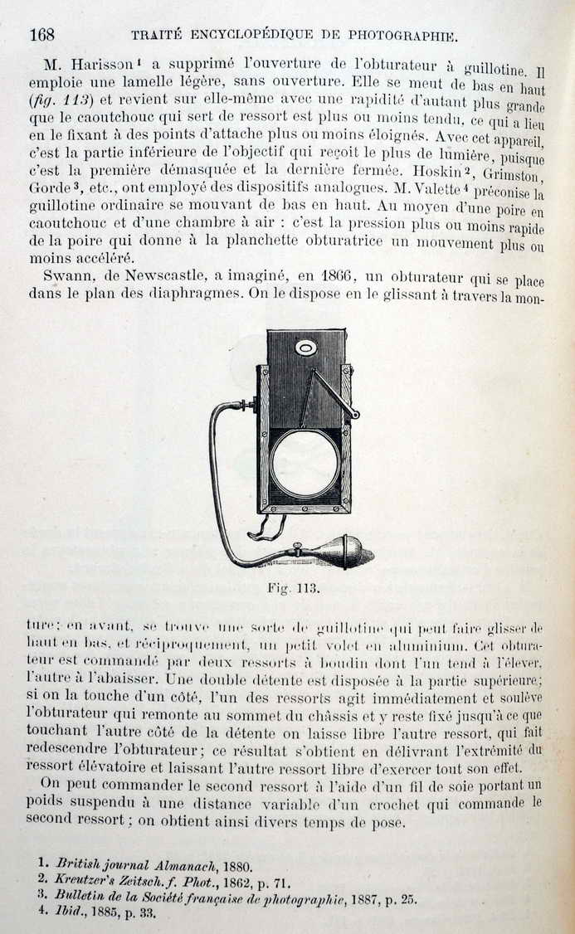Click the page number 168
pos(41,34)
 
